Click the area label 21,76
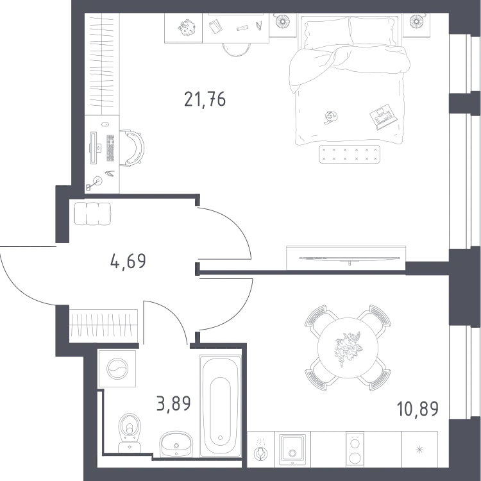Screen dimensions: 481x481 (x=205, y=99)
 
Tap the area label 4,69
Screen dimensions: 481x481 (x=128, y=262)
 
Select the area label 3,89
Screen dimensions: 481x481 (x=174, y=403)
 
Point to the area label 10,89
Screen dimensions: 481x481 (x=418, y=409)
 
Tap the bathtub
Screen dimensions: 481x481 (x=220, y=406)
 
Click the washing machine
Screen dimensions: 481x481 (x=117, y=368)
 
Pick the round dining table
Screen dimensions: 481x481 (x=348, y=348)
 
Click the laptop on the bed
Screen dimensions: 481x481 (x=384, y=117)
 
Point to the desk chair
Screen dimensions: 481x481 (x=132, y=148)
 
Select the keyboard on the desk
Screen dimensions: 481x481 (x=110, y=148)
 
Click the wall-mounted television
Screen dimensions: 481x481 (x=350, y=258)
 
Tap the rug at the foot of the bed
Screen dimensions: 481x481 (x=350, y=154)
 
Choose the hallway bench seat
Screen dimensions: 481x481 (x=92, y=214)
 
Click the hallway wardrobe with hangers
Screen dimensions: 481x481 (x=103, y=326)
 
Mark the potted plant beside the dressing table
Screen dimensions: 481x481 (x=187, y=28)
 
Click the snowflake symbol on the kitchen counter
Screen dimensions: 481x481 (x=419, y=450)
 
